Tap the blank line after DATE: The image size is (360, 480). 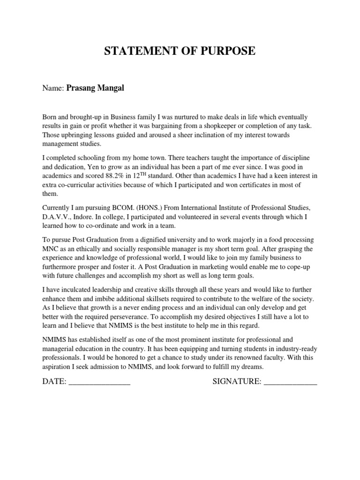click(99, 383)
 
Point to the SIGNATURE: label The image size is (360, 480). click(237, 382)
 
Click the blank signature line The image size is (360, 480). click(291, 383)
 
